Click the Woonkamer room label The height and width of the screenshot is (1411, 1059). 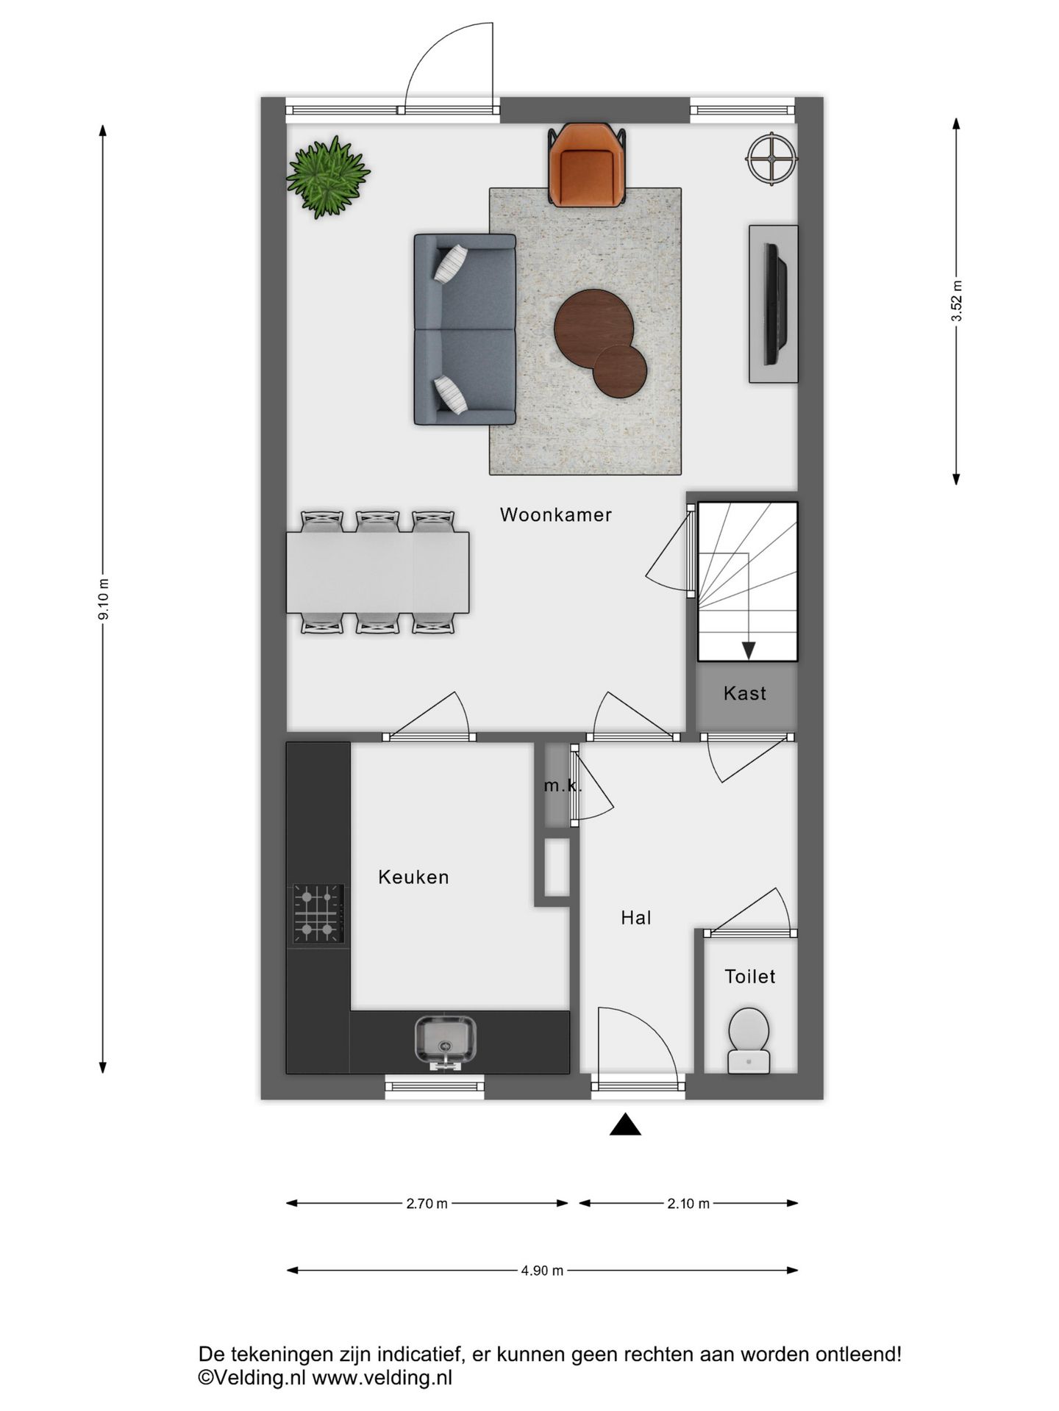[555, 514]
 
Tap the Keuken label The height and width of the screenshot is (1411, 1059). [413, 877]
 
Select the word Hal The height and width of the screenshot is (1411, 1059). [636, 917]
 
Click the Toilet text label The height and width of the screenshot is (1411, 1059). [750, 976]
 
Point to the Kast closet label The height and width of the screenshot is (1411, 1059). [745, 693]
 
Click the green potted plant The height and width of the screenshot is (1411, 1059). [327, 176]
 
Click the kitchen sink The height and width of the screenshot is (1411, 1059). [445, 1040]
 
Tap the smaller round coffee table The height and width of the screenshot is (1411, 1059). [619, 372]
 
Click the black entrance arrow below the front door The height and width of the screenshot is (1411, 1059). [625, 1125]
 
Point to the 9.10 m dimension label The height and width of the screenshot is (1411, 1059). [104, 599]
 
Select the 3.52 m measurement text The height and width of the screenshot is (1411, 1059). [956, 301]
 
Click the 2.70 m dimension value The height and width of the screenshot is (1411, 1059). [427, 1204]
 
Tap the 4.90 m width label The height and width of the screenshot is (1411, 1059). [542, 1271]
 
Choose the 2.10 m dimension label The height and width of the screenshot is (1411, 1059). [688, 1204]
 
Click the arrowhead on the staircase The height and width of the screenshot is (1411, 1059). [748, 650]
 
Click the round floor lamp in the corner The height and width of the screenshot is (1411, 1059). [771, 157]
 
